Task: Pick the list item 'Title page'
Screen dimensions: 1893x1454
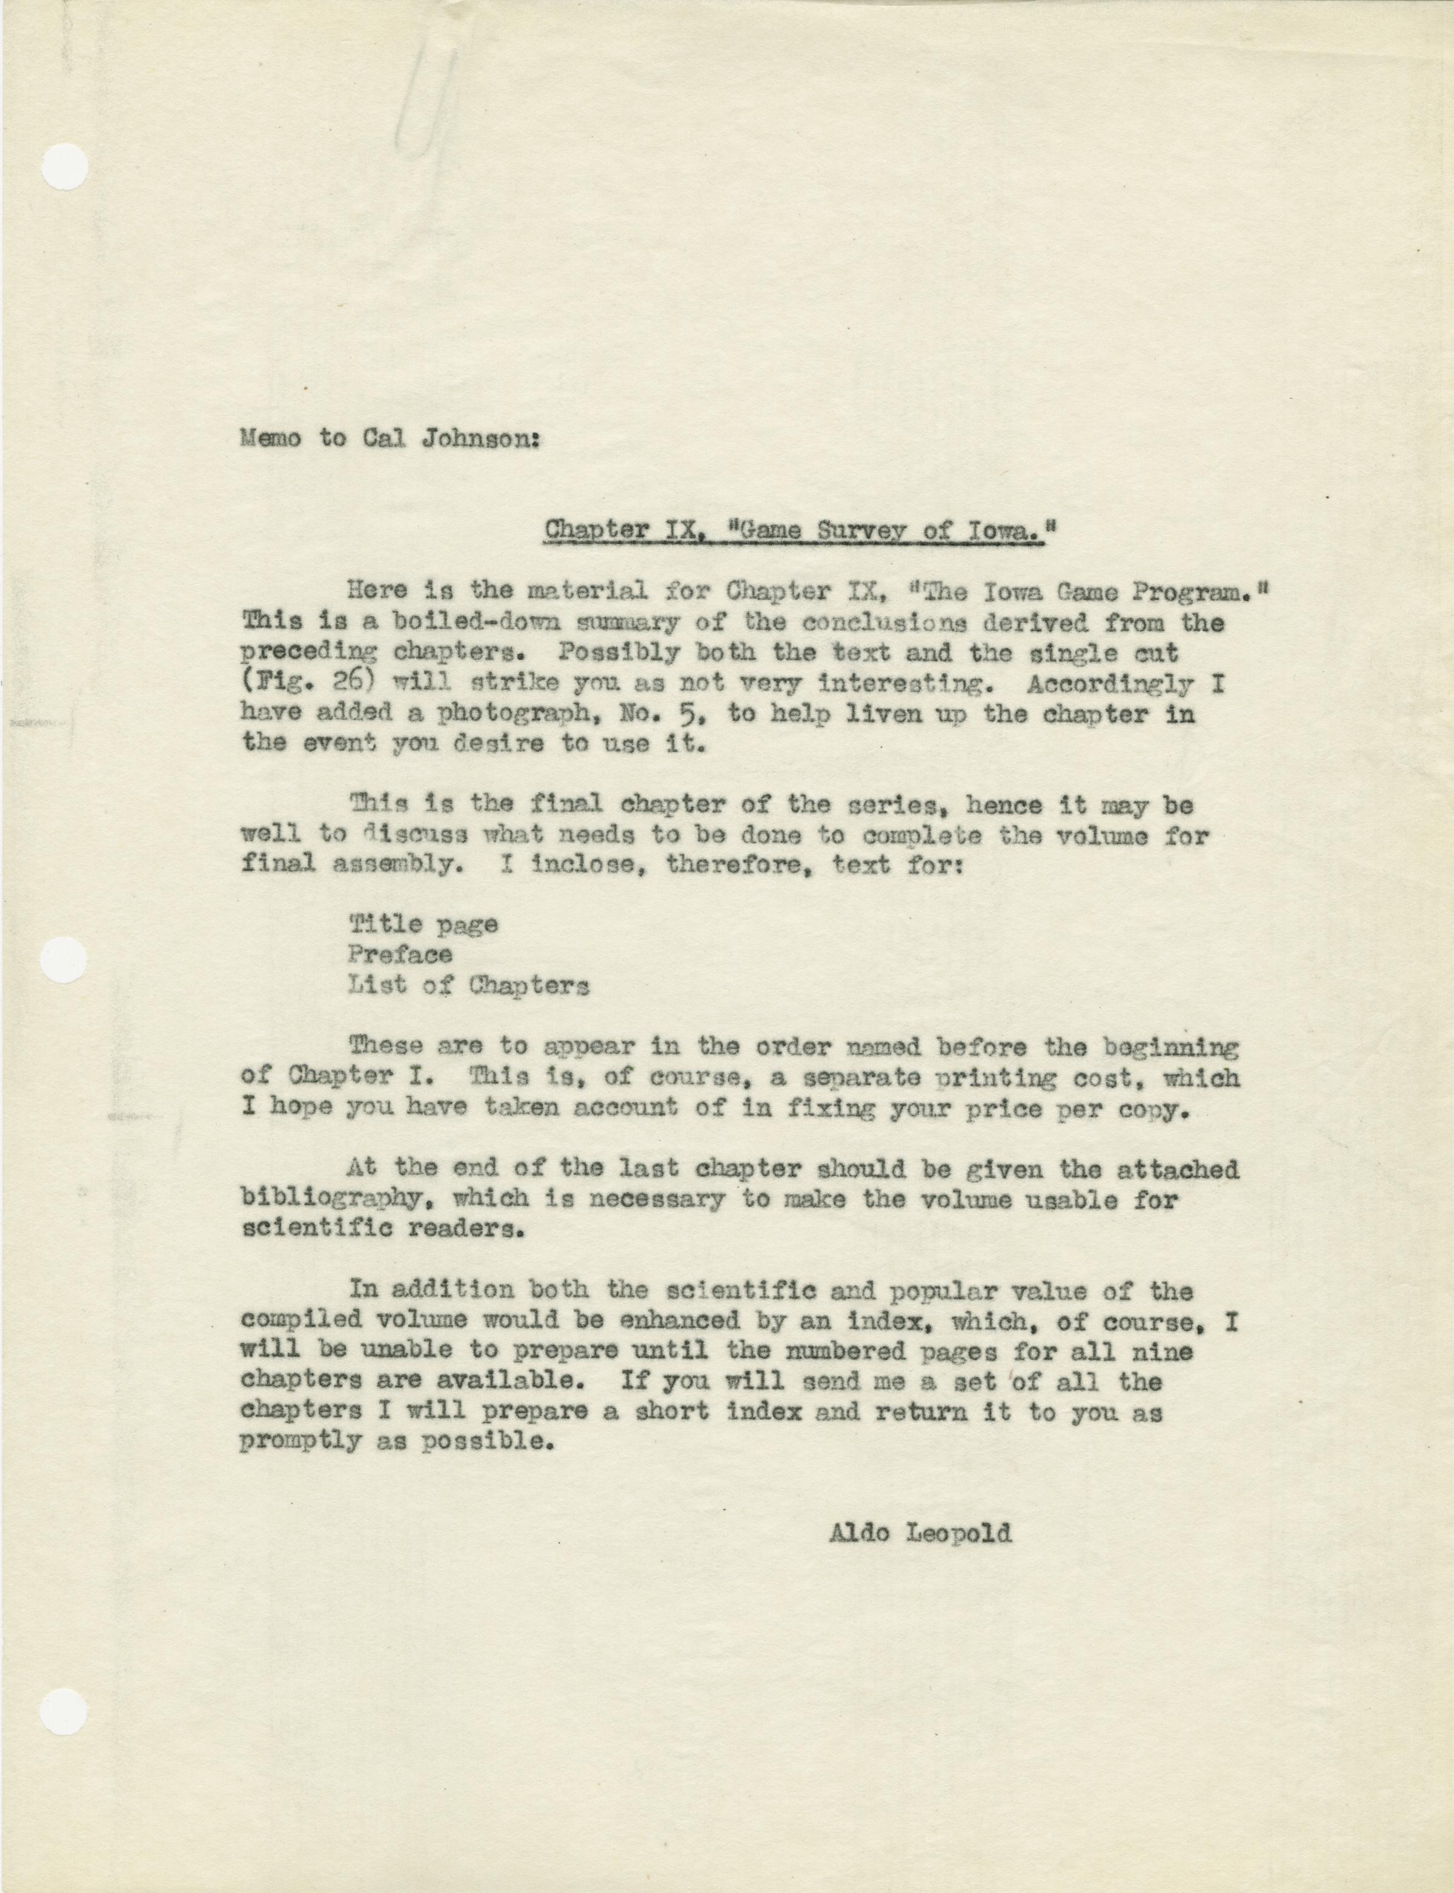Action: click(x=423, y=924)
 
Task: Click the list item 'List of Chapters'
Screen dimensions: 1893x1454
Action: click(x=468, y=986)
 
